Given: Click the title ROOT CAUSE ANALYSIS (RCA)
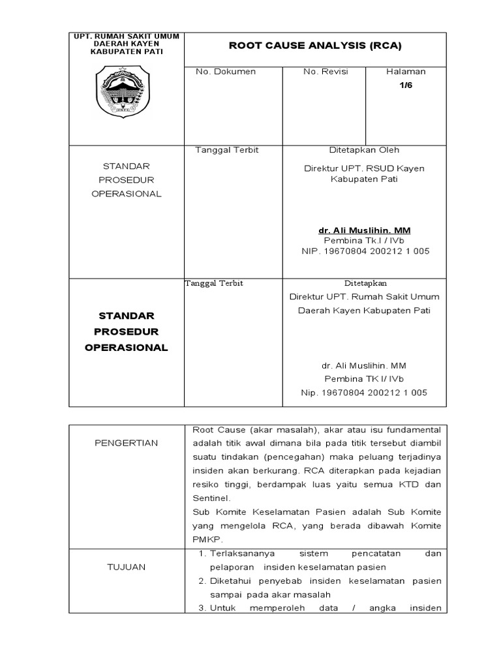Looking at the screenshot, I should (314, 46).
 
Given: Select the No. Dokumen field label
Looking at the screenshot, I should (226, 71).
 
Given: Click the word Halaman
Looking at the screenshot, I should (406, 71).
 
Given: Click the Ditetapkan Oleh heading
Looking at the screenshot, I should (364, 150).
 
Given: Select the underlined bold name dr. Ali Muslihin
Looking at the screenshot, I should (364, 230).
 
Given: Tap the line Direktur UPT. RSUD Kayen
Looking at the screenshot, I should (364, 168).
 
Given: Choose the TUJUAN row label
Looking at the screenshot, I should (127, 567).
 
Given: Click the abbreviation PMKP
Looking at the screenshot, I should (207, 539).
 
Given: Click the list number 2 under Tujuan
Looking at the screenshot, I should (203, 581).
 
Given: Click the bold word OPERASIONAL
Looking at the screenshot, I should (127, 348).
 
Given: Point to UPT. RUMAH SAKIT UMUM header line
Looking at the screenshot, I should (127, 35).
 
